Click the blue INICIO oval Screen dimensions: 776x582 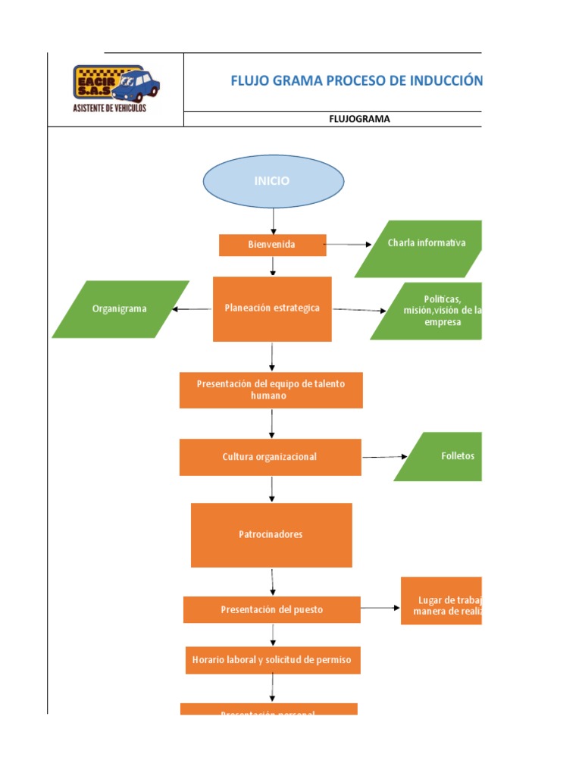pyautogui.click(x=273, y=181)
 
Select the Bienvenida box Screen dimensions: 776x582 pyautogui.click(x=272, y=245)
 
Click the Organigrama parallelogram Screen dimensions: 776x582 pyautogui.click(x=120, y=309)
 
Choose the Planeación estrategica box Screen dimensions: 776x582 pyautogui.click(x=272, y=308)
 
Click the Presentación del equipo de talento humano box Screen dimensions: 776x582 pyautogui.click(x=271, y=390)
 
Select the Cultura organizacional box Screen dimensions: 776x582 pyautogui.click(x=270, y=457)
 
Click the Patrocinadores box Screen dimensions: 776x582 pyautogui.click(x=271, y=535)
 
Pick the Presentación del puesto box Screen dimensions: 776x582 pyautogui.click(x=271, y=609)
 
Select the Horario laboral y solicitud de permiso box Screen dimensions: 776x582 pyautogui.click(x=271, y=660)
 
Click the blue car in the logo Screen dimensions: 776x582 pyautogui.click(x=139, y=84)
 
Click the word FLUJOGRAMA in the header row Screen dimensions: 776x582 pyautogui.click(x=359, y=119)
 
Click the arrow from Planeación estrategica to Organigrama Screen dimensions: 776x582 pyautogui.click(x=192, y=308)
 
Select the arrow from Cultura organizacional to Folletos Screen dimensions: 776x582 pyautogui.click(x=384, y=457)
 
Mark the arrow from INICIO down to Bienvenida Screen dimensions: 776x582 pyautogui.click(x=274, y=221)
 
